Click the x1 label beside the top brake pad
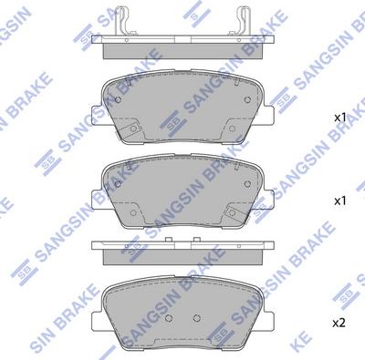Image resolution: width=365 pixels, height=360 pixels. click(x=339, y=118)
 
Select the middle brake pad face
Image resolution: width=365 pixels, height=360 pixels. click(x=182, y=190)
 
